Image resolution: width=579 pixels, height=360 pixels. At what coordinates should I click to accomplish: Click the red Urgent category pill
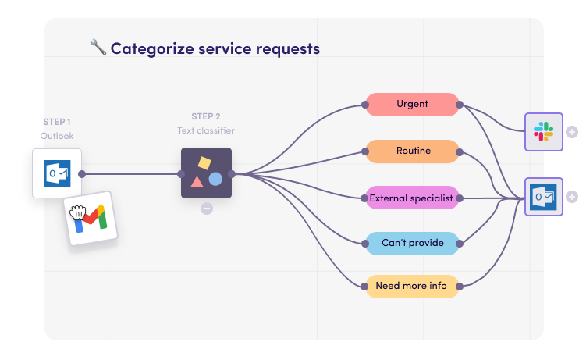[412, 105]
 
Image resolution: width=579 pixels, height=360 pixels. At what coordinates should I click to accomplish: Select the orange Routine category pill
[412, 151]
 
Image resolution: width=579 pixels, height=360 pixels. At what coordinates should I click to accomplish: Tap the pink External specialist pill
[412, 198]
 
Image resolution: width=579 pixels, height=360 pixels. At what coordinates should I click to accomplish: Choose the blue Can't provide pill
[412, 243]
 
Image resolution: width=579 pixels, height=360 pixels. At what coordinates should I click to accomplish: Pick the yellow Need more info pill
[412, 287]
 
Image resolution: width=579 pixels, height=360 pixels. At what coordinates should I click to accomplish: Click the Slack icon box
[544, 131]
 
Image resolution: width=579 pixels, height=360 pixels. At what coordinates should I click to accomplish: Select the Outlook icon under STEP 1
[57, 173]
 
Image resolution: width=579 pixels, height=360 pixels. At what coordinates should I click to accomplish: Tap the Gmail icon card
[92, 218]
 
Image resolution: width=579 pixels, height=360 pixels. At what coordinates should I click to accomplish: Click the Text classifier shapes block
[206, 173]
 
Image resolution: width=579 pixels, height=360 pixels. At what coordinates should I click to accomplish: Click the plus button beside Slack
[571, 131]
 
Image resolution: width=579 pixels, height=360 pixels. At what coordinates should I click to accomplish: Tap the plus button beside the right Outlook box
[571, 197]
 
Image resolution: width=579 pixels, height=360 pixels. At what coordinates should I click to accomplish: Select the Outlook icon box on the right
[544, 197]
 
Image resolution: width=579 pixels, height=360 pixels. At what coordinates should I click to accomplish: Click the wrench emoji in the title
[98, 48]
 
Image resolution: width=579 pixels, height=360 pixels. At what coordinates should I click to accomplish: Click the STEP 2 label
[206, 116]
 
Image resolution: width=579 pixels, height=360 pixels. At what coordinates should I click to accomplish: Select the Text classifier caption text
[206, 130]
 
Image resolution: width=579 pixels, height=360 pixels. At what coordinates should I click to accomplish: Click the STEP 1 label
[57, 122]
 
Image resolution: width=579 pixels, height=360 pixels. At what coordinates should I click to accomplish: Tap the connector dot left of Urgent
[366, 105]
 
